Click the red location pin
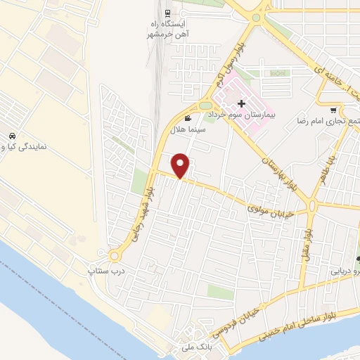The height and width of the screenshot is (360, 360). (x=181, y=165)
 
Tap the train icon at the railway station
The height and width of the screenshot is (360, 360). (x=167, y=13)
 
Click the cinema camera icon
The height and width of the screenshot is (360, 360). (x=187, y=118)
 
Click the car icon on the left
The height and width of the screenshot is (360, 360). (x=11, y=136)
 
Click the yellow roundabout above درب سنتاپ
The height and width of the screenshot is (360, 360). (x=114, y=255)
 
